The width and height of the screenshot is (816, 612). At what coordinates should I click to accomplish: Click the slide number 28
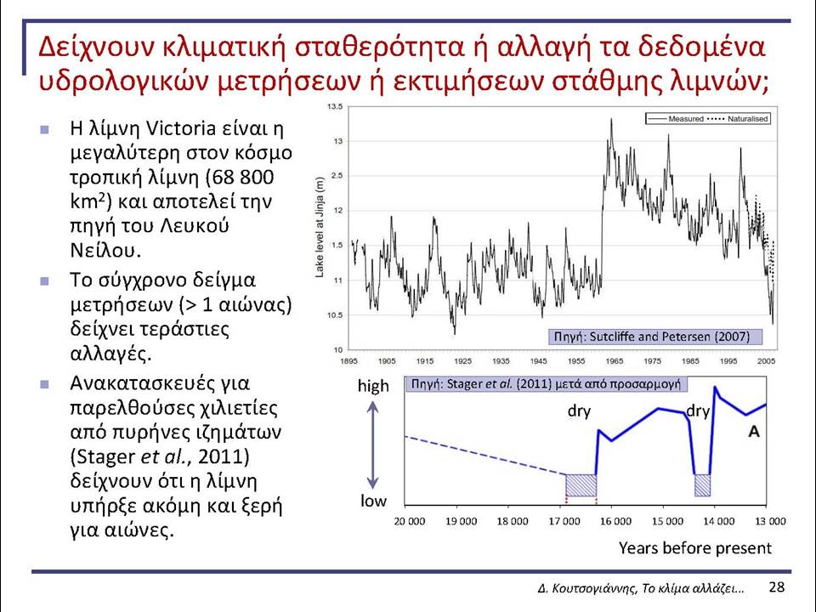776,587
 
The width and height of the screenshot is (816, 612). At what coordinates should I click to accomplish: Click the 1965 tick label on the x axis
615,361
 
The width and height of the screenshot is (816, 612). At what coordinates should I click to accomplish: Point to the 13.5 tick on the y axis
335,107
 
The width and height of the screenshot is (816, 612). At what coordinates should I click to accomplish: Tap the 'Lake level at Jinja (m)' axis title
320,227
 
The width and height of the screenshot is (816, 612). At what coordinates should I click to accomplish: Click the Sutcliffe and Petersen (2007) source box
655,337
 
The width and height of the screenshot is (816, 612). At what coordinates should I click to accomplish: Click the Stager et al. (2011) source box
546,384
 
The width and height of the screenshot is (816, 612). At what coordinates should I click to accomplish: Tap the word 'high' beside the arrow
373,386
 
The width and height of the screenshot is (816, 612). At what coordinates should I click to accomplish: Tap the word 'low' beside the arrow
373,501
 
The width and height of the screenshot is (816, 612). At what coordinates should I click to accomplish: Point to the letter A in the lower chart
754,432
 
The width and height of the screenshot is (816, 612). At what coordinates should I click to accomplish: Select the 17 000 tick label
564,521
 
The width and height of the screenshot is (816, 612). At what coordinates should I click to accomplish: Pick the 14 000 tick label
719,521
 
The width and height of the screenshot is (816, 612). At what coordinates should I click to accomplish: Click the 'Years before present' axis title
694,548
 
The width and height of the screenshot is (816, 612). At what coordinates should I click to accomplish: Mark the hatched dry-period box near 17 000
581,485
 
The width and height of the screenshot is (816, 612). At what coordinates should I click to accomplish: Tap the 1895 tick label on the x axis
348,361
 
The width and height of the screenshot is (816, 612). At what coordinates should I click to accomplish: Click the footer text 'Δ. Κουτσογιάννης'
587,588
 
